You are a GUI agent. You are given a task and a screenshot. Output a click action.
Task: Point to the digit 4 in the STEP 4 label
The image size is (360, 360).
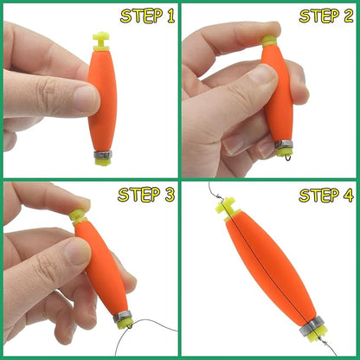[x=346, y=196]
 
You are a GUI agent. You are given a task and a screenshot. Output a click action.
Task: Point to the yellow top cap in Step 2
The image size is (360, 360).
[x=269, y=41]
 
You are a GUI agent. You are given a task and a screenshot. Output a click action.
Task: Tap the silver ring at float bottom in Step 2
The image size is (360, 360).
[x=285, y=145]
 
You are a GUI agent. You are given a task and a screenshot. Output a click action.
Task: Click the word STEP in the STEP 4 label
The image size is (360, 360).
[x=317, y=196]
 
